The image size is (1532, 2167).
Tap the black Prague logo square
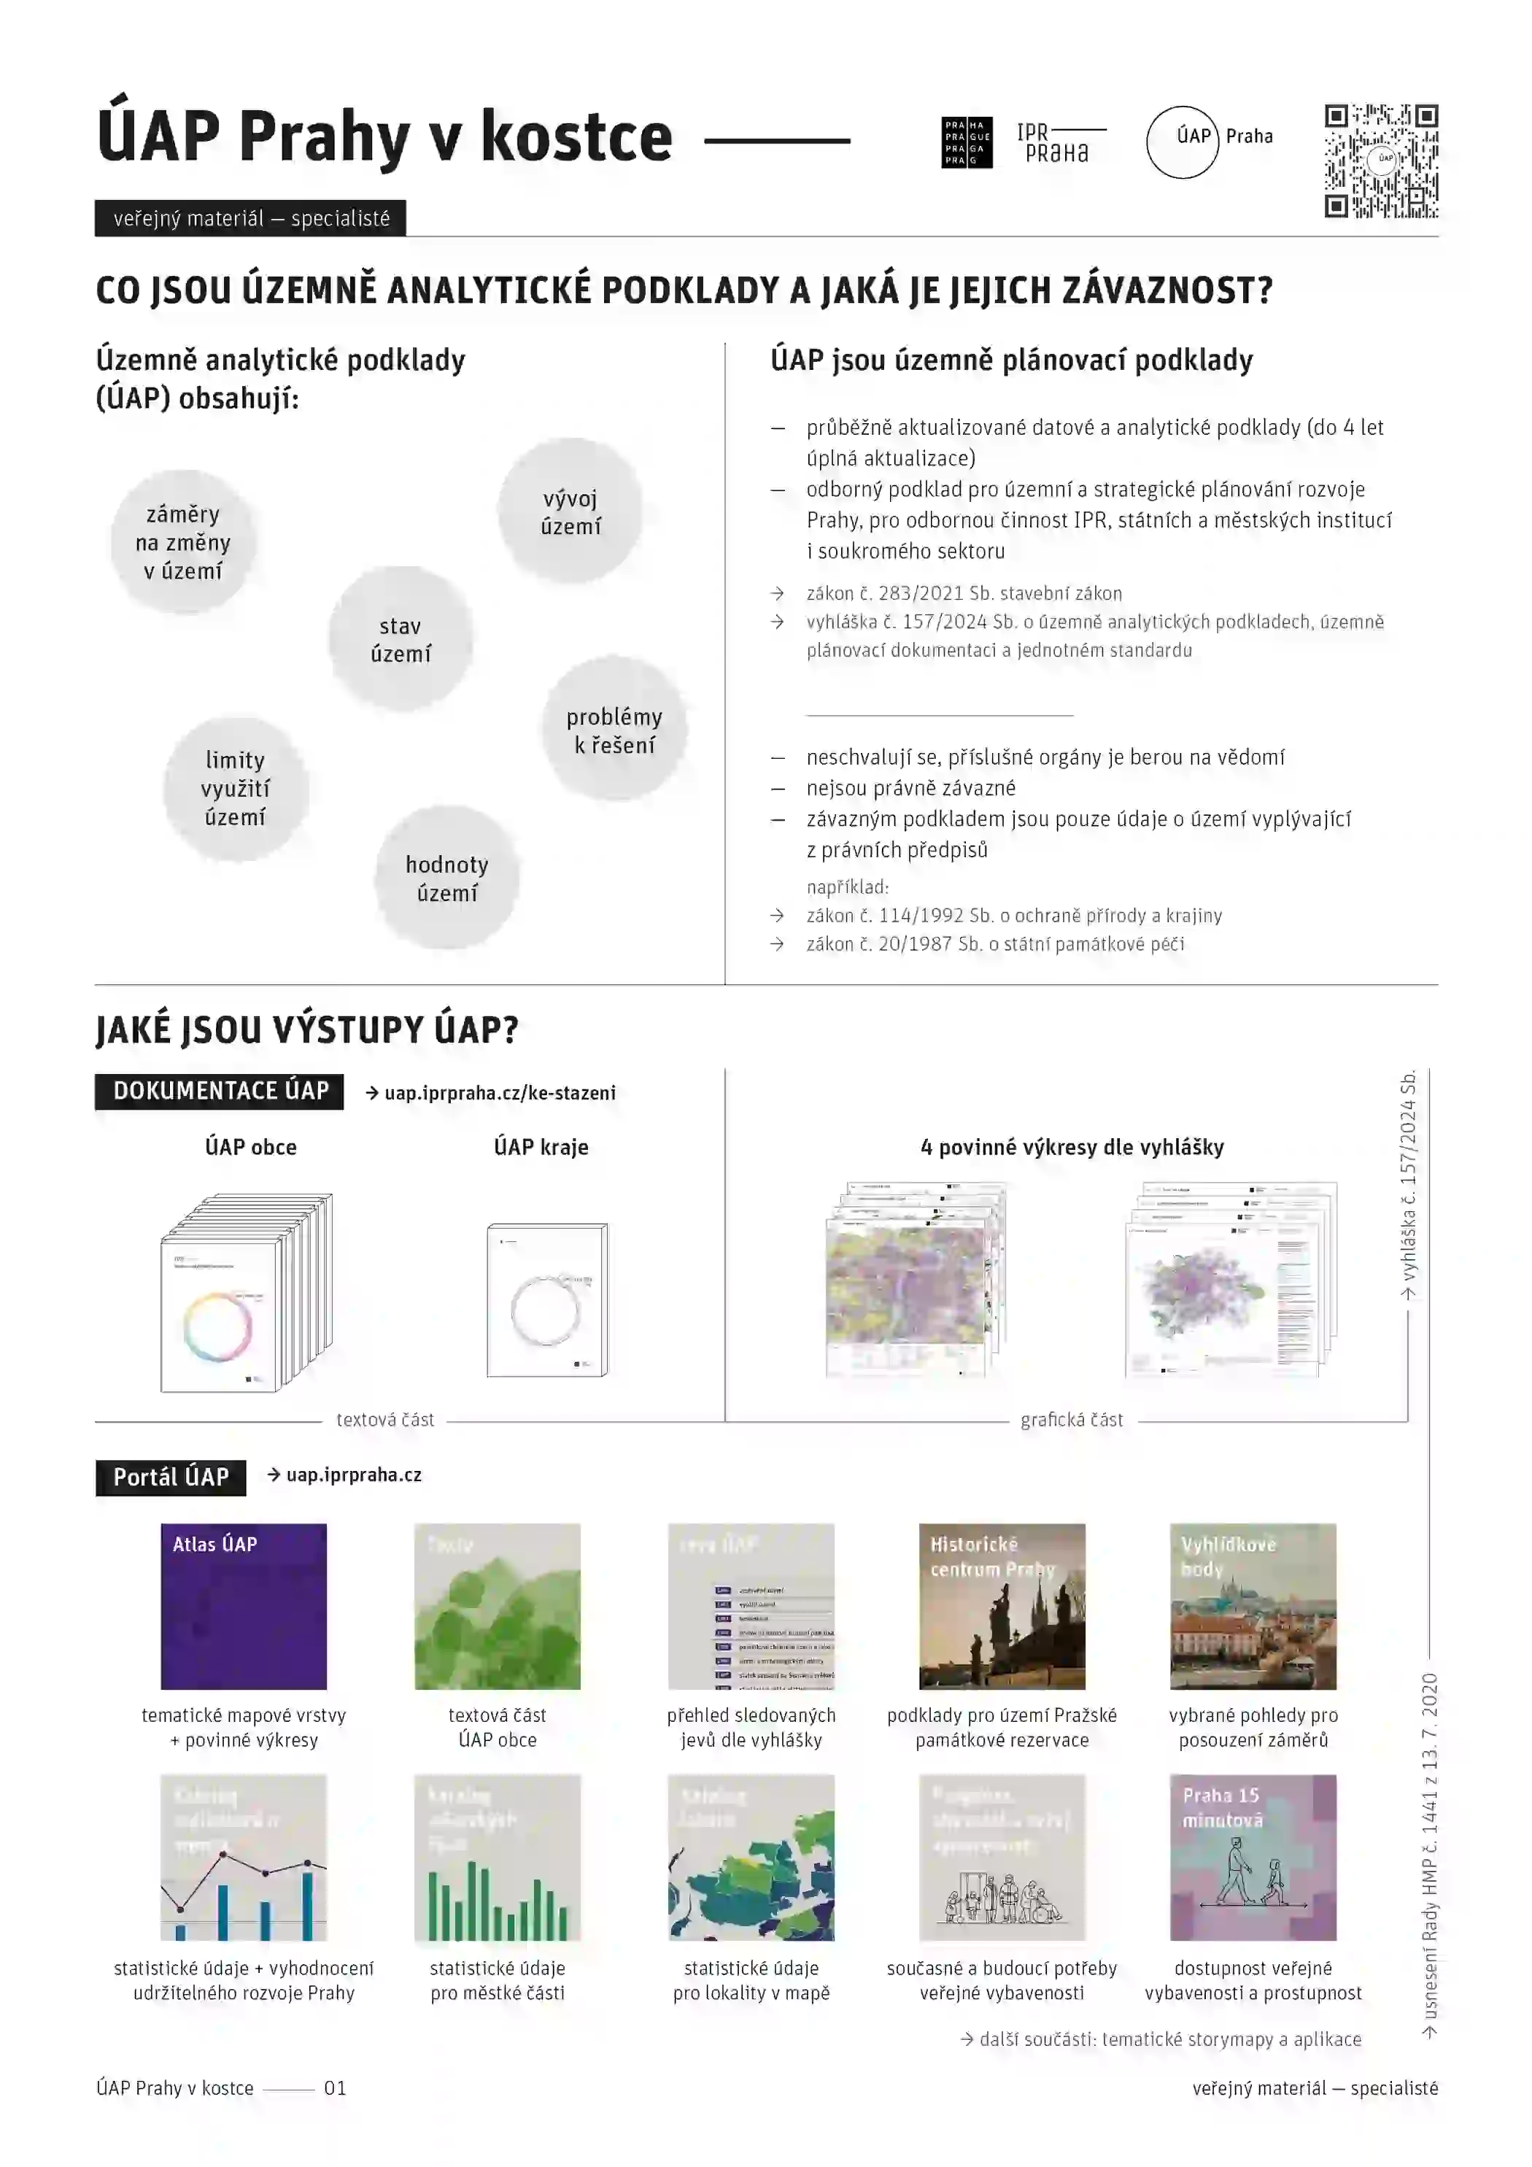pyautogui.click(x=966, y=142)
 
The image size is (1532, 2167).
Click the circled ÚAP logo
pyautogui.click(x=1182, y=142)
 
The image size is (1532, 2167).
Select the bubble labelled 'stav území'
pyautogui.click(x=401, y=639)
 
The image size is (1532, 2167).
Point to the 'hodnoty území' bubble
pyautogui.click(x=446, y=878)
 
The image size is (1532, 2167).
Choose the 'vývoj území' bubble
pyautogui.click(x=570, y=511)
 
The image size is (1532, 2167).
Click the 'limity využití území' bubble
pyautogui.click(x=235, y=788)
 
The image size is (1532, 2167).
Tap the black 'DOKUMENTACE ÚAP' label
pyautogui.click(x=219, y=1091)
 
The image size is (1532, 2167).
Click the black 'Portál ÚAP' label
pyautogui.click(x=171, y=1477)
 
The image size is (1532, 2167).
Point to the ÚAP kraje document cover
pyautogui.click(x=546, y=1299)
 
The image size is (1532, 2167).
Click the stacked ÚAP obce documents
pyautogui.click(x=245, y=1293)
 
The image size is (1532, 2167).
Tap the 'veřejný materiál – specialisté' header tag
pyautogui.click(x=250, y=219)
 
